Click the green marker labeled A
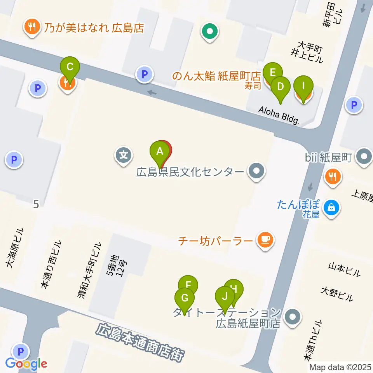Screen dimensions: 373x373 coord(159,152)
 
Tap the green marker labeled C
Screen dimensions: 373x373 coord(70,66)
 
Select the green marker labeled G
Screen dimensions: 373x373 coord(185,299)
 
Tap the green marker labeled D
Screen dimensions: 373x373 coord(280,87)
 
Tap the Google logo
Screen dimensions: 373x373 coord(26,364)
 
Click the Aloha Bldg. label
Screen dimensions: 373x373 coord(279,115)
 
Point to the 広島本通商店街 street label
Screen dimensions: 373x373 coord(140,342)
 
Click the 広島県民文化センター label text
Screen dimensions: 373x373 coord(190,172)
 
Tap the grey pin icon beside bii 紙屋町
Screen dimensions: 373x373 coord(364,157)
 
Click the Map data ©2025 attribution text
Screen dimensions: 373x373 coord(341,367)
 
